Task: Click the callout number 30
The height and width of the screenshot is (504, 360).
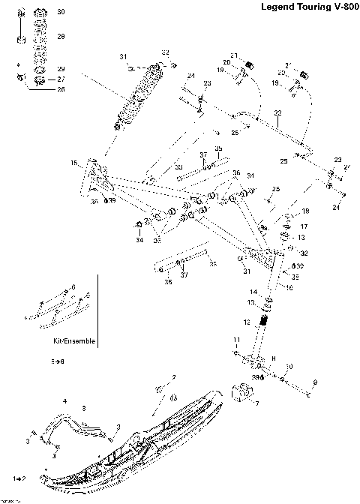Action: (x=61, y=13)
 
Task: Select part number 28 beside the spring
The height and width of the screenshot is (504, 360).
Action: (x=61, y=36)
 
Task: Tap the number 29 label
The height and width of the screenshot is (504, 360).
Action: (x=61, y=68)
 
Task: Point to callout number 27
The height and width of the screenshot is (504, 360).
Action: (x=61, y=79)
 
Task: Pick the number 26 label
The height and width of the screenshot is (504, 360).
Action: (x=61, y=89)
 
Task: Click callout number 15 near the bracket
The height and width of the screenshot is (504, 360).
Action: (x=73, y=163)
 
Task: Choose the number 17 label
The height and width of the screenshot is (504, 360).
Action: (x=304, y=225)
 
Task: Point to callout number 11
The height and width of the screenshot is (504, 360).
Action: (x=235, y=340)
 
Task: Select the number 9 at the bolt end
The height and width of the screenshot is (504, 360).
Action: (x=314, y=382)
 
